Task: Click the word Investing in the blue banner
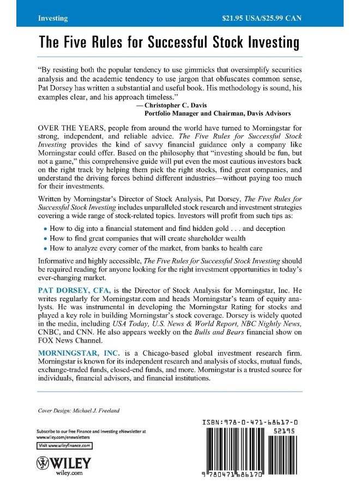click(53, 18)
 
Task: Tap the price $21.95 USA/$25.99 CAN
click(262, 18)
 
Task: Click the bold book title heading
click(169, 43)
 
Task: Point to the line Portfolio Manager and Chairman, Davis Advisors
click(224, 113)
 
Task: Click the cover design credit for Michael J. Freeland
click(76, 410)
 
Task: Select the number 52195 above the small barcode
click(284, 431)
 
